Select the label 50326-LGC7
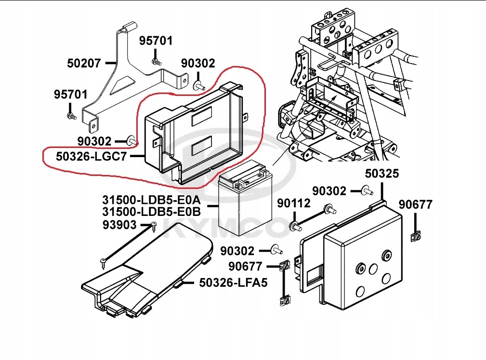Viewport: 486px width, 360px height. pos(91,156)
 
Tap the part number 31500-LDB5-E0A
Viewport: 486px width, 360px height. pos(151,200)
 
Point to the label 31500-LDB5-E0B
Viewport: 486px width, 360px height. pos(151,212)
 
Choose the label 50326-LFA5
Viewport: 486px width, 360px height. pos(233,283)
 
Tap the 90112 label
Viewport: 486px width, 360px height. pos(294,204)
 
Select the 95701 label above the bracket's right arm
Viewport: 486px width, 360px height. pos(156,41)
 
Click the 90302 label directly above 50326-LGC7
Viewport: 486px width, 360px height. pos(94,141)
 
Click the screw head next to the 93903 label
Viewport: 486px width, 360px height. pos(154,225)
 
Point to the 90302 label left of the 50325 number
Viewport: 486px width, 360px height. pos(329,191)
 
